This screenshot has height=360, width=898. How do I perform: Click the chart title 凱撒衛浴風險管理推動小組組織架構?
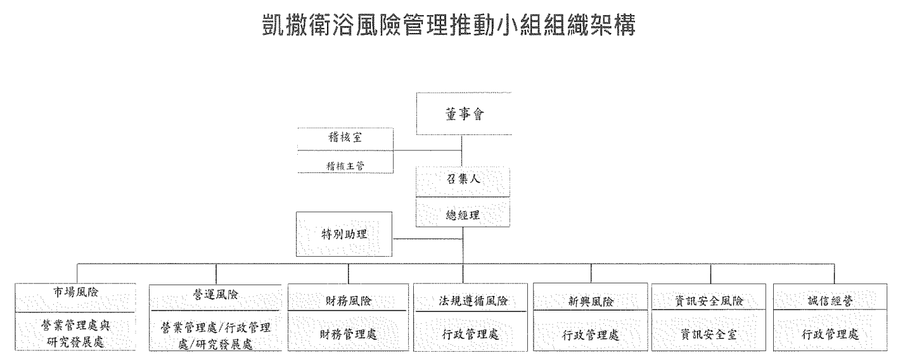448,26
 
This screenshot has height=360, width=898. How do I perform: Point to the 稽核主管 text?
345,167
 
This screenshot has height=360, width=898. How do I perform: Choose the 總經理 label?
463,214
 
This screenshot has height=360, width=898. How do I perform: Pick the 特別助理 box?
345,234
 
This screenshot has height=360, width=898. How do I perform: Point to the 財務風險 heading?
348,301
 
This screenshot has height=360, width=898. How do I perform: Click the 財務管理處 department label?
348,334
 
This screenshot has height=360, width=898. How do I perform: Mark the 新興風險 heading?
591,300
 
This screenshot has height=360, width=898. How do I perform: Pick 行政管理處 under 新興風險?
591,334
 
